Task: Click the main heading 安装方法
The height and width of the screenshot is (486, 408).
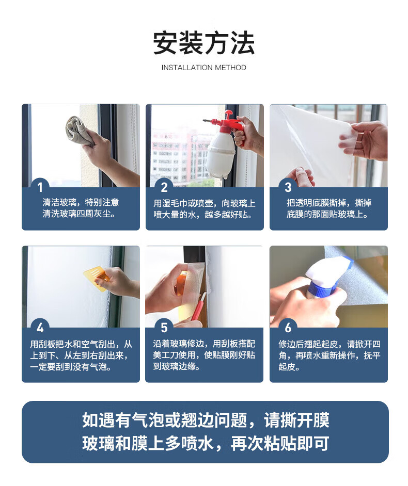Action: [204, 43]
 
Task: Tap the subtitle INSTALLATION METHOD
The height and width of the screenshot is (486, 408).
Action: [204, 68]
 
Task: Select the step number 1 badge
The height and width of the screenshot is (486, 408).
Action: [40, 187]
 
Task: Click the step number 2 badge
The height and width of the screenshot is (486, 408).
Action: [164, 187]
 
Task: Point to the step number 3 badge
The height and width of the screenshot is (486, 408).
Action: [288, 187]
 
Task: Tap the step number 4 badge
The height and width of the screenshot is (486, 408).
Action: [40, 328]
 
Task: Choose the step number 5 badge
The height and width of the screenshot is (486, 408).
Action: [164, 328]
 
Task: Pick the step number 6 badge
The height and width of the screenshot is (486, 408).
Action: [288, 328]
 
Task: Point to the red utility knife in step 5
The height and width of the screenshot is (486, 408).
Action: [198, 307]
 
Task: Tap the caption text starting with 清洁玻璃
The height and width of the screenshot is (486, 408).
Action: [81, 208]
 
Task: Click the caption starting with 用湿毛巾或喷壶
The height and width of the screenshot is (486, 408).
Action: [205, 209]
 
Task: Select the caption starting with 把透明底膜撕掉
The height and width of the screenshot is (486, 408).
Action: [329, 208]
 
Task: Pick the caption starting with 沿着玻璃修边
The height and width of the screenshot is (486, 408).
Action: [204, 355]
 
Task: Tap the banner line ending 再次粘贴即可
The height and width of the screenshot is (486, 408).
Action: [206, 444]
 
